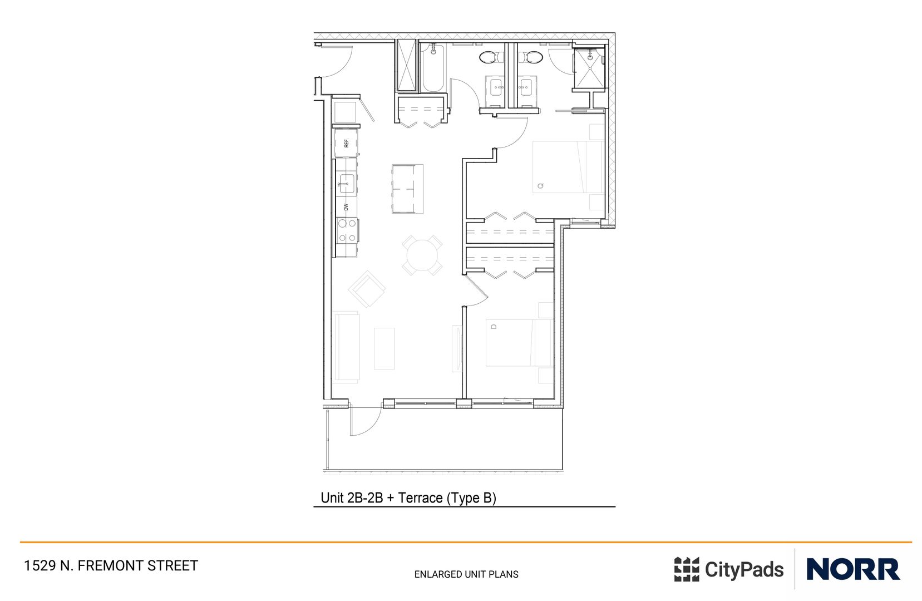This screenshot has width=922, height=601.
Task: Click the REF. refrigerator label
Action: (346, 143)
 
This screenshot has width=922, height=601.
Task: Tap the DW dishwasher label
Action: (346, 206)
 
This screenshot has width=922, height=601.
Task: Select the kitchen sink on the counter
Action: (347, 183)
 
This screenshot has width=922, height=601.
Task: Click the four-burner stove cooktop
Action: (347, 230)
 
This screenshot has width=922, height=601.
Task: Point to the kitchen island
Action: (407, 189)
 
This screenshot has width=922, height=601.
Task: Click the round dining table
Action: (422, 255)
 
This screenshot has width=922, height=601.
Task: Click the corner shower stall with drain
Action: (589, 68)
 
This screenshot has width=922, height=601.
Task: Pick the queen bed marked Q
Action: (568, 167)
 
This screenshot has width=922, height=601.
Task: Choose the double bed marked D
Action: (517, 342)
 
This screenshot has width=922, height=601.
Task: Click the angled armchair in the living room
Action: (367, 289)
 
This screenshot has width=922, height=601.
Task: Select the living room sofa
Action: (346, 347)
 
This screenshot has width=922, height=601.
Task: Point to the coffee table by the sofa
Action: (384, 348)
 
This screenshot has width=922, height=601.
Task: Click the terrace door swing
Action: (363, 421)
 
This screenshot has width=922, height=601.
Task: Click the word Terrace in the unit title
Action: (420, 497)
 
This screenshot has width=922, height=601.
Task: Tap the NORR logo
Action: (852, 569)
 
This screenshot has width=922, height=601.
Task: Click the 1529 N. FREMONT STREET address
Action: (111, 565)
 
